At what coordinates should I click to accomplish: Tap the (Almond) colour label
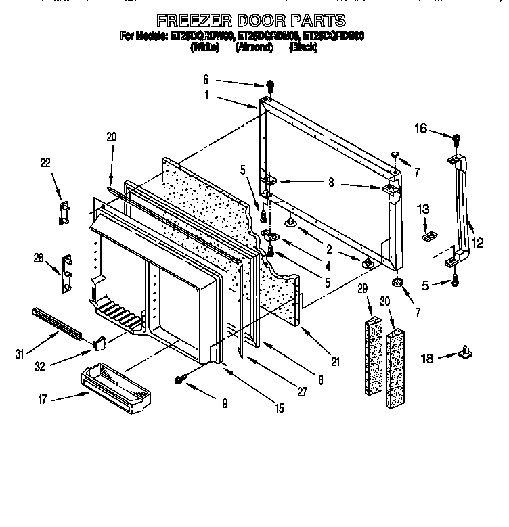[x=254, y=48]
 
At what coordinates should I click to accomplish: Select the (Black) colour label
[x=303, y=48]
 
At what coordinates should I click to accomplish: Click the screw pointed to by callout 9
[x=181, y=380]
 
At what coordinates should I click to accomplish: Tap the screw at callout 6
[x=269, y=86]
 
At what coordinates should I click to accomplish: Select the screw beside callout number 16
[x=456, y=139]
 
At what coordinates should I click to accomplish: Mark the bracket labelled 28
[x=68, y=272]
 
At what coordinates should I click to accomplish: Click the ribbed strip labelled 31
[x=57, y=323]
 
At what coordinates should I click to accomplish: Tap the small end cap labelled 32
[x=101, y=344]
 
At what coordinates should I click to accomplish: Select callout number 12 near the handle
[x=478, y=242]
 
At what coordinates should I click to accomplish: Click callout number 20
[x=111, y=137]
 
